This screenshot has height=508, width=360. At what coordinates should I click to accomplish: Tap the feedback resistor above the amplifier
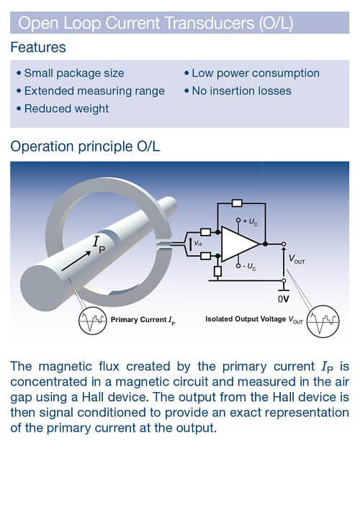tap(238, 203)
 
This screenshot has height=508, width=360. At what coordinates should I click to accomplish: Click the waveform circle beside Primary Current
tap(91, 318)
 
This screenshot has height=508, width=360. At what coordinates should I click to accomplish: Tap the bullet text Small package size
tap(73, 73)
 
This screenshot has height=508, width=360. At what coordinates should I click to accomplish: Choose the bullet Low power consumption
tap(255, 73)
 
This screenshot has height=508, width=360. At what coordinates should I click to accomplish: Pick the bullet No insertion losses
tap(241, 91)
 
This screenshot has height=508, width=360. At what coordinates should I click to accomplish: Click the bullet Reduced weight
tap(66, 108)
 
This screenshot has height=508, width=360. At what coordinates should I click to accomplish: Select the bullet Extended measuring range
tap(94, 91)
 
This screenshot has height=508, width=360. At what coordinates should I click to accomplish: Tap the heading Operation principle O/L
tap(85, 146)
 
